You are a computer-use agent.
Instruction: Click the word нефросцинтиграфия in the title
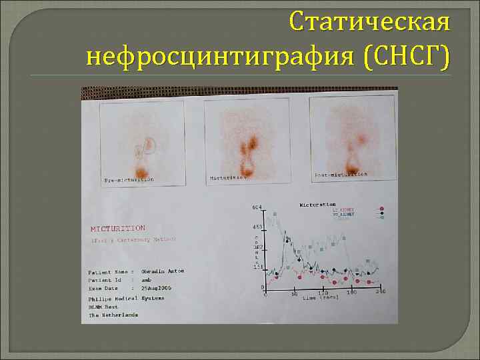(x=223, y=56)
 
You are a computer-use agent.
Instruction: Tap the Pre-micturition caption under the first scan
(x=129, y=180)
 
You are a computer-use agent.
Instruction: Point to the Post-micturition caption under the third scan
(x=340, y=174)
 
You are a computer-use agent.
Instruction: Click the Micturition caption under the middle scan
(x=229, y=178)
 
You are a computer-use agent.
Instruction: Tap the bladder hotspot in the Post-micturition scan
(x=350, y=164)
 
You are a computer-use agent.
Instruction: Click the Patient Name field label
(x=108, y=271)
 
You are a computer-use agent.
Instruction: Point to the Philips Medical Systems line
(x=126, y=299)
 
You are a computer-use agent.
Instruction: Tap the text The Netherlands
(x=114, y=315)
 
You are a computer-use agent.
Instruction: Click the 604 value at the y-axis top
(x=257, y=207)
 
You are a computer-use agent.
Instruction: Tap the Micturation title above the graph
(x=317, y=205)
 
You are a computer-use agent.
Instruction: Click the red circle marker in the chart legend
(x=382, y=209)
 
